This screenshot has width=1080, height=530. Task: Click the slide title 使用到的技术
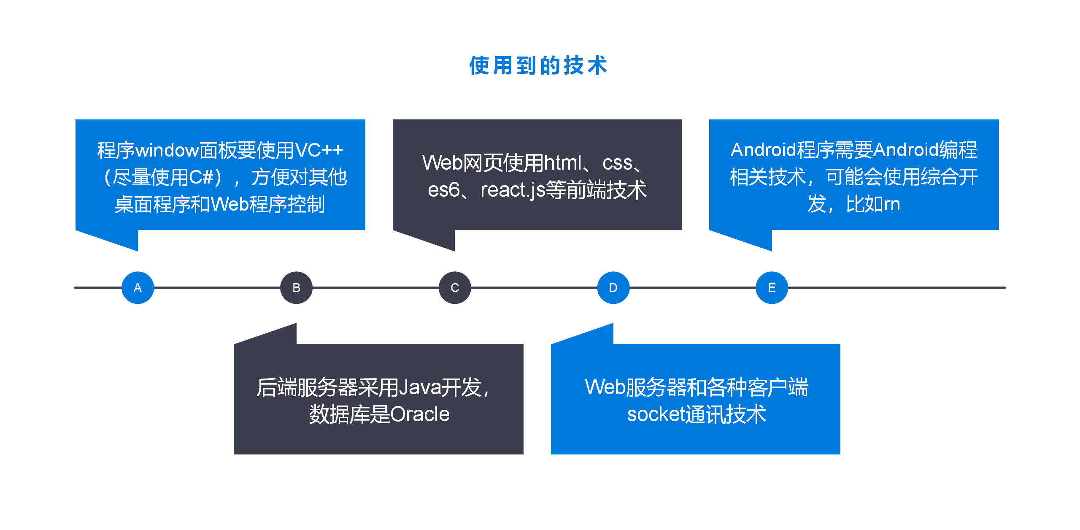click(x=538, y=65)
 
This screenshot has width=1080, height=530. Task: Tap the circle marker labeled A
click(x=138, y=288)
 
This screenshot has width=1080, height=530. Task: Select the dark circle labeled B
click(x=296, y=288)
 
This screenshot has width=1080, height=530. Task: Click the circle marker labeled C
click(x=455, y=288)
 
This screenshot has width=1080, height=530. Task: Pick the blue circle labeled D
click(x=613, y=288)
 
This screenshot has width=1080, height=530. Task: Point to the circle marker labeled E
click(x=772, y=288)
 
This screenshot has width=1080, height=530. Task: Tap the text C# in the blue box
click(x=202, y=177)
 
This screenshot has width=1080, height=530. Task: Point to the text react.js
click(x=513, y=190)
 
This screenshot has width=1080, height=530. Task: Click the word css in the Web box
click(x=617, y=163)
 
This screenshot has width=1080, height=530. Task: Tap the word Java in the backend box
click(x=419, y=387)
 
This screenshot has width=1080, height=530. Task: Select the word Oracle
click(x=420, y=414)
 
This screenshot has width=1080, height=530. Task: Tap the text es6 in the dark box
click(x=443, y=190)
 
